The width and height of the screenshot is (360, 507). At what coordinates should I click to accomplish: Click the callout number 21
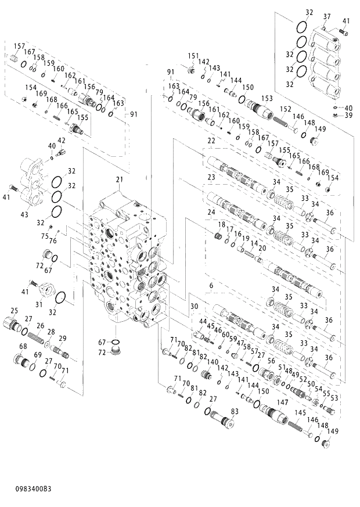coord(120,179)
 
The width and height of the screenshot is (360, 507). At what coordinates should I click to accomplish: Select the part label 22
coord(211,141)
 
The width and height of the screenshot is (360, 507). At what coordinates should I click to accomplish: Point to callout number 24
coord(211,213)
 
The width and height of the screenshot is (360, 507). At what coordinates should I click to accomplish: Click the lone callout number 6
coord(211,286)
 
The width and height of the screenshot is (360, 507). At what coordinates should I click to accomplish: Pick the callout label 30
coord(195,306)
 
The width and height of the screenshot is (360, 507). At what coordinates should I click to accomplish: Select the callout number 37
coord(327,16)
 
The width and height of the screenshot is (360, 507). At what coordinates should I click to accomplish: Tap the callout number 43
coord(24,215)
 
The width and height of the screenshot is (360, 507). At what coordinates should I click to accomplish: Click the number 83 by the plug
coord(235,411)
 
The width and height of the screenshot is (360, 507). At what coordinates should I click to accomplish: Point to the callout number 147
coord(283,402)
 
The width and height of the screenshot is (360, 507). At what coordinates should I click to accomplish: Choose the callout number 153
coord(267,98)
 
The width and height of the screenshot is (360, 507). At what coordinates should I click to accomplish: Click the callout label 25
coord(14,311)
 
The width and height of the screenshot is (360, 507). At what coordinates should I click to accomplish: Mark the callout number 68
coord(23,347)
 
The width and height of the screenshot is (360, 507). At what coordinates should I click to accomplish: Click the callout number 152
coord(286,109)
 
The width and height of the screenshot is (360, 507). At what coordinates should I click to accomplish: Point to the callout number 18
coord(222,224)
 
